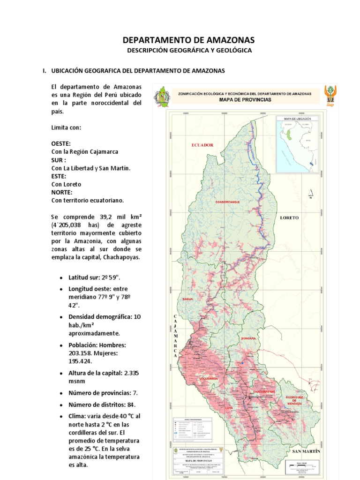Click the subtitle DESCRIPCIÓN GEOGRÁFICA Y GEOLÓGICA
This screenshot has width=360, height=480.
[x=189, y=50]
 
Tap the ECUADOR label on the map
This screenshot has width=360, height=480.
[x=202, y=145]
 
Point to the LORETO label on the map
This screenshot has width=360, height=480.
[x=289, y=218]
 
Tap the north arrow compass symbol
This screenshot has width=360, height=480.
[x=310, y=193]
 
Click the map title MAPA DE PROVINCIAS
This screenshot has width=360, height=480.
[x=245, y=100]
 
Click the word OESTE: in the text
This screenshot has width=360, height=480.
[x=61, y=143]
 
